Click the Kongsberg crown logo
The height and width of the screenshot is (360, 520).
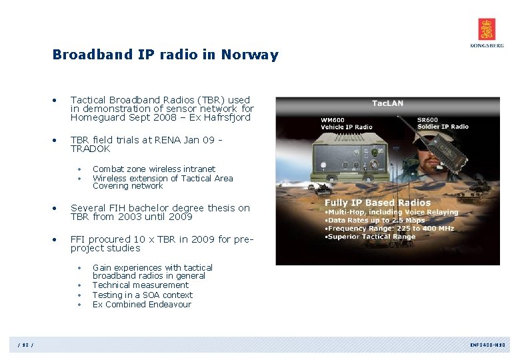[x=487, y=29]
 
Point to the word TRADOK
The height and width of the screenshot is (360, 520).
[x=90, y=149]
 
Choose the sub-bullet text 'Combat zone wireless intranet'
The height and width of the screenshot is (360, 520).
[x=153, y=169]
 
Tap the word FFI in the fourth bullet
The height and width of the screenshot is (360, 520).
[x=79, y=239]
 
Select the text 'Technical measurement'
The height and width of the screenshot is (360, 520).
[x=140, y=285]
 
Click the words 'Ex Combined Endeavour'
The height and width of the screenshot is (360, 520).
[x=141, y=305]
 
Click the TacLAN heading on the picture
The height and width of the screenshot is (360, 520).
[x=387, y=103]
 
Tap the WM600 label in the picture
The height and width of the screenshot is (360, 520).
[x=334, y=120]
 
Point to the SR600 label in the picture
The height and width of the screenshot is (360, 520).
[x=429, y=120]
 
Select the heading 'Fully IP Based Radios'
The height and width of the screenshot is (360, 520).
[x=377, y=203]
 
